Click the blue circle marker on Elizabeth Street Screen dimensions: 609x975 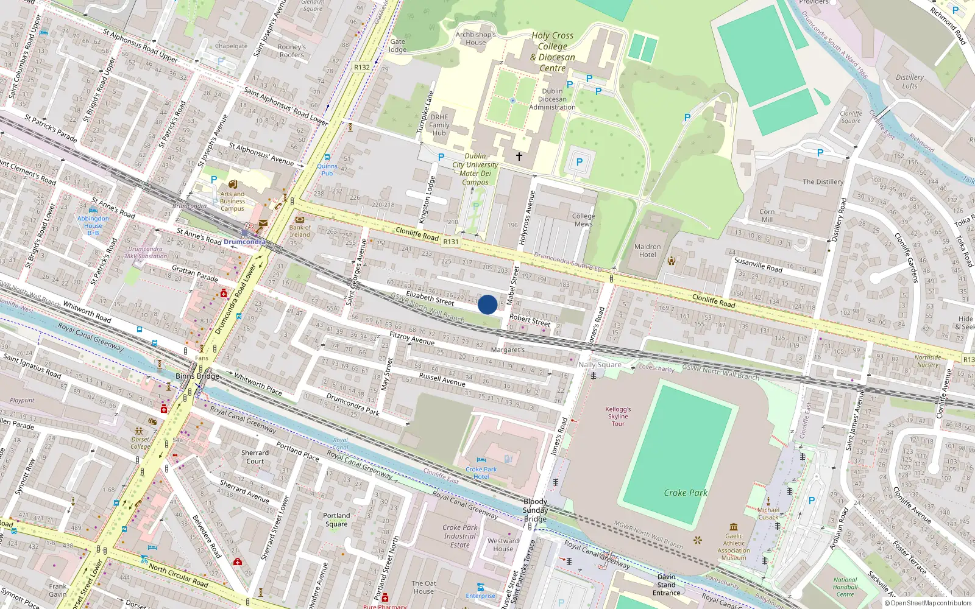tap(487, 304)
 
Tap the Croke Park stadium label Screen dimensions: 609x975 tap(686, 493)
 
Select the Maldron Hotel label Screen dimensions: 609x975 tap(647, 251)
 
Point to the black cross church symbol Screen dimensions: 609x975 tap(519, 157)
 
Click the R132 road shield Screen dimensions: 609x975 tap(362, 68)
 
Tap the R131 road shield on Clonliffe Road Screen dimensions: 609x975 tap(450, 242)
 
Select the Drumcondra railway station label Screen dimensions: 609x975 tap(244, 242)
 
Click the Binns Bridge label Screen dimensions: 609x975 tap(197, 376)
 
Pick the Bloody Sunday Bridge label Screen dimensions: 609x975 tap(535, 510)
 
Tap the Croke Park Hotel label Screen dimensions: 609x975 tap(481, 473)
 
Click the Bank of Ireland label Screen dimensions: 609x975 tap(299, 231)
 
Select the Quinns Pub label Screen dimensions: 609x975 tap(327, 169)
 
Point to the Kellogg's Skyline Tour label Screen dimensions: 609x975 tap(618, 417)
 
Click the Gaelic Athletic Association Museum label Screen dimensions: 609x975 tap(734, 547)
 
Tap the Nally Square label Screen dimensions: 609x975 tap(600, 365)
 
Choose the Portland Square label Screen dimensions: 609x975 tap(336, 519)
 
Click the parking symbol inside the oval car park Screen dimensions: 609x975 tap(579, 162)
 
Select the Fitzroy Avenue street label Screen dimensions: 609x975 tap(412, 338)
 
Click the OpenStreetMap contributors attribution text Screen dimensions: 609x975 tap(928, 603)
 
